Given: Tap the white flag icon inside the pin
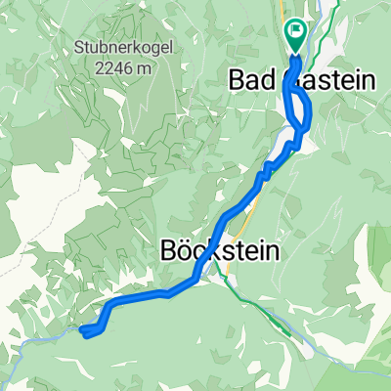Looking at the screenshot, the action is (x=296, y=31).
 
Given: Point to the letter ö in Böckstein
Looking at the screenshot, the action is (x=185, y=251).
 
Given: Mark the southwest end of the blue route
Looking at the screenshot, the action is (x=85, y=334).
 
